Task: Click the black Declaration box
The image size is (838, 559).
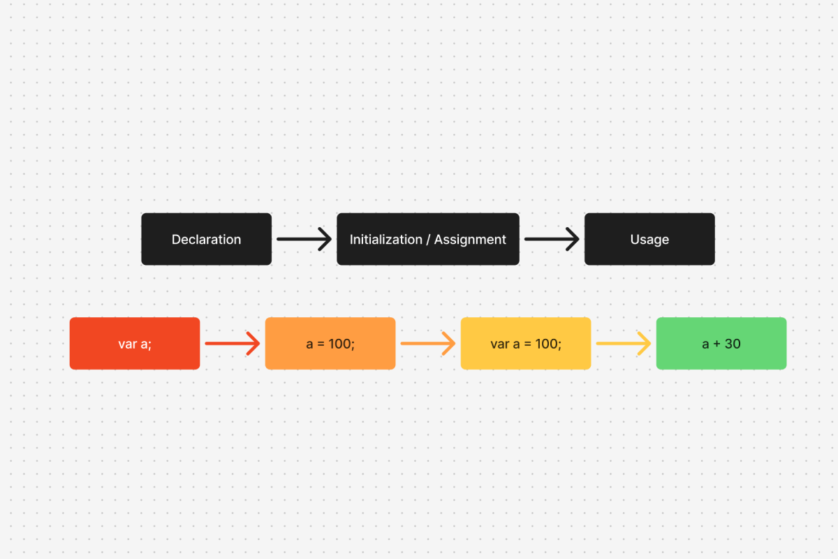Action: click(206, 239)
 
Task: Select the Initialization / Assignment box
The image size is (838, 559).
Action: click(427, 239)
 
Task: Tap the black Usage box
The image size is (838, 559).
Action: click(649, 239)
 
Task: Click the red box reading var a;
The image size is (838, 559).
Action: click(135, 343)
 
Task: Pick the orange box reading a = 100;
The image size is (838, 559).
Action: click(330, 343)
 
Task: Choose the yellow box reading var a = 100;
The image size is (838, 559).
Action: click(526, 343)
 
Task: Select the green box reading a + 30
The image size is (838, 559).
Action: click(721, 343)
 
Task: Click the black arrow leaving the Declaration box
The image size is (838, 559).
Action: click(304, 239)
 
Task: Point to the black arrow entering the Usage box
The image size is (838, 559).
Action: click(552, 239)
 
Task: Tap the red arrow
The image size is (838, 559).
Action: click(232, 344)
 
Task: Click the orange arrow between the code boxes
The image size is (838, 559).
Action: click(427, 344)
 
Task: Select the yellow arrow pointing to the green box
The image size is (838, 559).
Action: click(623, 344)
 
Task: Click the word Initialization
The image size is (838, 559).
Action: click(386, 240)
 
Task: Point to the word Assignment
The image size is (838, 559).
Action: click(470, 240)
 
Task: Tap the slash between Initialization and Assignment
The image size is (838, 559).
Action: click(429, 240)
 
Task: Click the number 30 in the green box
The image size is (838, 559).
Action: click(733, 344)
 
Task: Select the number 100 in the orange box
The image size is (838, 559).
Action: click(342, 344)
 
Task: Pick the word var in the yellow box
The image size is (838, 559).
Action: click(500, 344)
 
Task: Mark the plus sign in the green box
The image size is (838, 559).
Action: click(716, 344)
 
